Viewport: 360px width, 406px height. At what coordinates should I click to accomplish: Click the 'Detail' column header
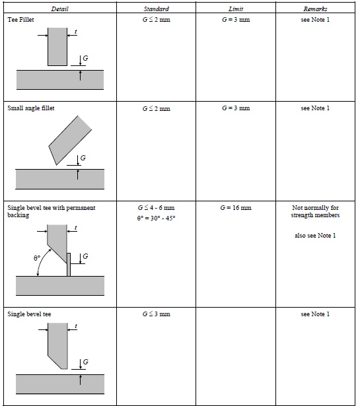point(60,9)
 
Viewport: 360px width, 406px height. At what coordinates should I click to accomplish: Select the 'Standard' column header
point(156,9)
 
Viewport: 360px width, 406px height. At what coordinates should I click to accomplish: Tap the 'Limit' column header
point(236,9)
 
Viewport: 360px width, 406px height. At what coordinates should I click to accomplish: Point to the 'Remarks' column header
point(315,9)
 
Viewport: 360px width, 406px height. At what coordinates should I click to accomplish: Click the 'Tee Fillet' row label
point(20,20)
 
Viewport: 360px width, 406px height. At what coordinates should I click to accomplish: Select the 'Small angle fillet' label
point(31,108)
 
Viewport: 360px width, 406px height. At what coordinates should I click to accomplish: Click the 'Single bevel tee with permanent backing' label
point(52,211)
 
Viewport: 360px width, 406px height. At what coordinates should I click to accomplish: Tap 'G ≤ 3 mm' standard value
point(156,314)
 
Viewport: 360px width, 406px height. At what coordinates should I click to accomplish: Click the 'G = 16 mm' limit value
point(236,208)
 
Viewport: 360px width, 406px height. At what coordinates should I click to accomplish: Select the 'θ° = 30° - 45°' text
point(156,219)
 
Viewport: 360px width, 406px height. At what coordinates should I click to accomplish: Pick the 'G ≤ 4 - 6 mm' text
point(156,208)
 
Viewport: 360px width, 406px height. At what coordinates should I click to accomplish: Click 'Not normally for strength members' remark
point(315,211)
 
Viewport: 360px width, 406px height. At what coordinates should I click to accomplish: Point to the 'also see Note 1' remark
point(315,236)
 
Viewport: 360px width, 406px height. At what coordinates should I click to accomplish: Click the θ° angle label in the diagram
point(37,258)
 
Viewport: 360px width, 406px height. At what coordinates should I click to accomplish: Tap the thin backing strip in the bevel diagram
point(69,265)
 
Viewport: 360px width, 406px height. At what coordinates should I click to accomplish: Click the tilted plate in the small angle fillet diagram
point(70,140)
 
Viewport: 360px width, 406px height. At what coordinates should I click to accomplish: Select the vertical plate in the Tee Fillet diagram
point(57,47)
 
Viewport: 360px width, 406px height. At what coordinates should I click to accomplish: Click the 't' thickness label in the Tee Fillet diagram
point(75,32)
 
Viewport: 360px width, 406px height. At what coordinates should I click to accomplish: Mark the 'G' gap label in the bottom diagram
point(85,362)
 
